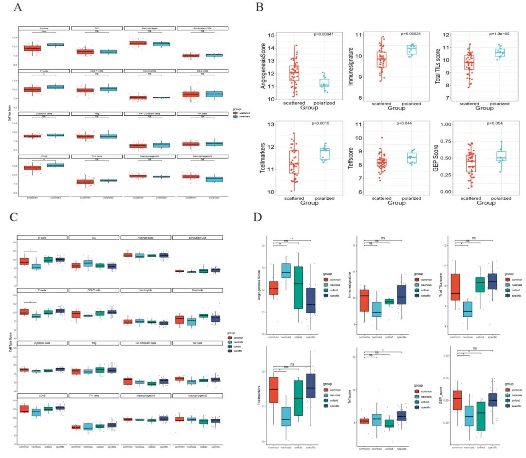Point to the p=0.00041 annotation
tap(326, 35)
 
